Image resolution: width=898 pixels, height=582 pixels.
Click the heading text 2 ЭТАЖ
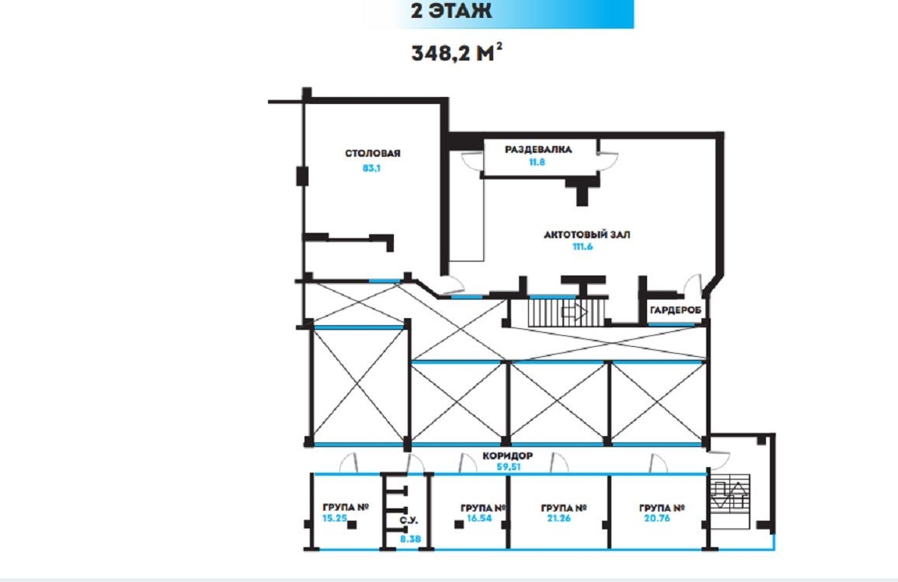pos(451,10)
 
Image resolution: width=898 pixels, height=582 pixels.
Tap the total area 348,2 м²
pos(457,53)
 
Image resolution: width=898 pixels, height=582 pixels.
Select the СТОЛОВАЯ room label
pos(372,154)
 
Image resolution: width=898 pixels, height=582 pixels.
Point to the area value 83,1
pos(371,168)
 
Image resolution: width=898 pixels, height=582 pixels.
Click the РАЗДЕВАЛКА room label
pos(538,149)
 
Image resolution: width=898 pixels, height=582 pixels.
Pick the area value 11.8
pos(537,162)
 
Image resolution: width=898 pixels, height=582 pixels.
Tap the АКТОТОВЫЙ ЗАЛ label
pos(587,234)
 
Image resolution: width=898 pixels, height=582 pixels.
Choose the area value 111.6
pos(583,247)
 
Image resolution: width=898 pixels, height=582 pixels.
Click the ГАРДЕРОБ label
pos(675,310)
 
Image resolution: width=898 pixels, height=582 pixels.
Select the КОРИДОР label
pos(507,456)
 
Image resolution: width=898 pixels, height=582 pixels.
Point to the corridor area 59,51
pos(509,466)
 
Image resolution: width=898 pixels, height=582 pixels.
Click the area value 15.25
pos(335,518)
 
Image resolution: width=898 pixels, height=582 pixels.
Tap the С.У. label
pos(409,520)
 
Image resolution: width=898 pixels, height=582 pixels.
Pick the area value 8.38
pos(410,539)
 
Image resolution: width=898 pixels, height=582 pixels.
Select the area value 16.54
pos(479,518)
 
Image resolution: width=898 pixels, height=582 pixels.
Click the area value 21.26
pos(559,518)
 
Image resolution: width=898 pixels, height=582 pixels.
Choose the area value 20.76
pos(656,518)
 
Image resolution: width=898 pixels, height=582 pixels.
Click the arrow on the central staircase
pos(574,312)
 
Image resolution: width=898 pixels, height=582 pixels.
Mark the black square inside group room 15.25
pos(352,525)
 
